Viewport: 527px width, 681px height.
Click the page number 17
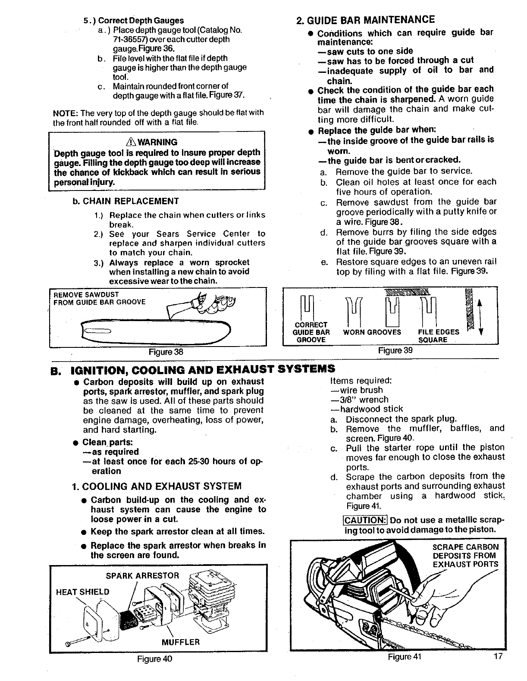tap(499, 657)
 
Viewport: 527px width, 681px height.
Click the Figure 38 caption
tap(166, 351)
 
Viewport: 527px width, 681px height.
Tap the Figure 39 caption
tap(395, 350)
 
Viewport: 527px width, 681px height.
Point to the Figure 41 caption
tap(404, 657)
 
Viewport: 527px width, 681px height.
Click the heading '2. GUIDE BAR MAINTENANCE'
tap(366, 20)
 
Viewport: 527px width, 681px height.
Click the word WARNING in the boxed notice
tap(160, 142)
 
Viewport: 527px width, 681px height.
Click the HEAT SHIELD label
tap(83, 592)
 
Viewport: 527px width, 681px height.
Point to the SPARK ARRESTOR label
tap(142, 576)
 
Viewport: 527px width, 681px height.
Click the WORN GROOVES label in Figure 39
tap(372, 332)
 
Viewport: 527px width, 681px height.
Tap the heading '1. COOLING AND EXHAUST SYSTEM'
tap(157, 486)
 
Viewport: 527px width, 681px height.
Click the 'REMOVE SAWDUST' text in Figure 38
tap(86, 294)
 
